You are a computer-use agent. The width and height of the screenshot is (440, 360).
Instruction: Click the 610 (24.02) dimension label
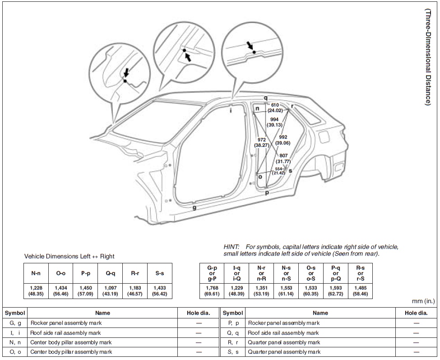coord(275,108)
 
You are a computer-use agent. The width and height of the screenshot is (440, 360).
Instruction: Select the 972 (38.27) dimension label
coord(261,143)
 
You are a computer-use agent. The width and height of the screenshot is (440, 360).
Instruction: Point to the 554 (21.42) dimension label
coord(278,171)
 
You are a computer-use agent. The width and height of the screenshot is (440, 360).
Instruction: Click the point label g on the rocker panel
coord(194,208)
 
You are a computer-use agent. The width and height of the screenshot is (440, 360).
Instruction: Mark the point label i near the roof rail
coord(231,110)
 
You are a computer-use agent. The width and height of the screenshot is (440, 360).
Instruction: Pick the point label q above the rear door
coord(265,98)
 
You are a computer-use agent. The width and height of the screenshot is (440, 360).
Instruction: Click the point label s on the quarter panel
coord(290,170)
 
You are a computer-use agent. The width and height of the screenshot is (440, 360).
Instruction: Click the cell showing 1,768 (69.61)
coord(212,290)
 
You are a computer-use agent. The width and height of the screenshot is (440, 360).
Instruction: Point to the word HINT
coord(232,247)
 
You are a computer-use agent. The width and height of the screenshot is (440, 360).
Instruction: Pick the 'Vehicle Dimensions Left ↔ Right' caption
coord(69,257)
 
